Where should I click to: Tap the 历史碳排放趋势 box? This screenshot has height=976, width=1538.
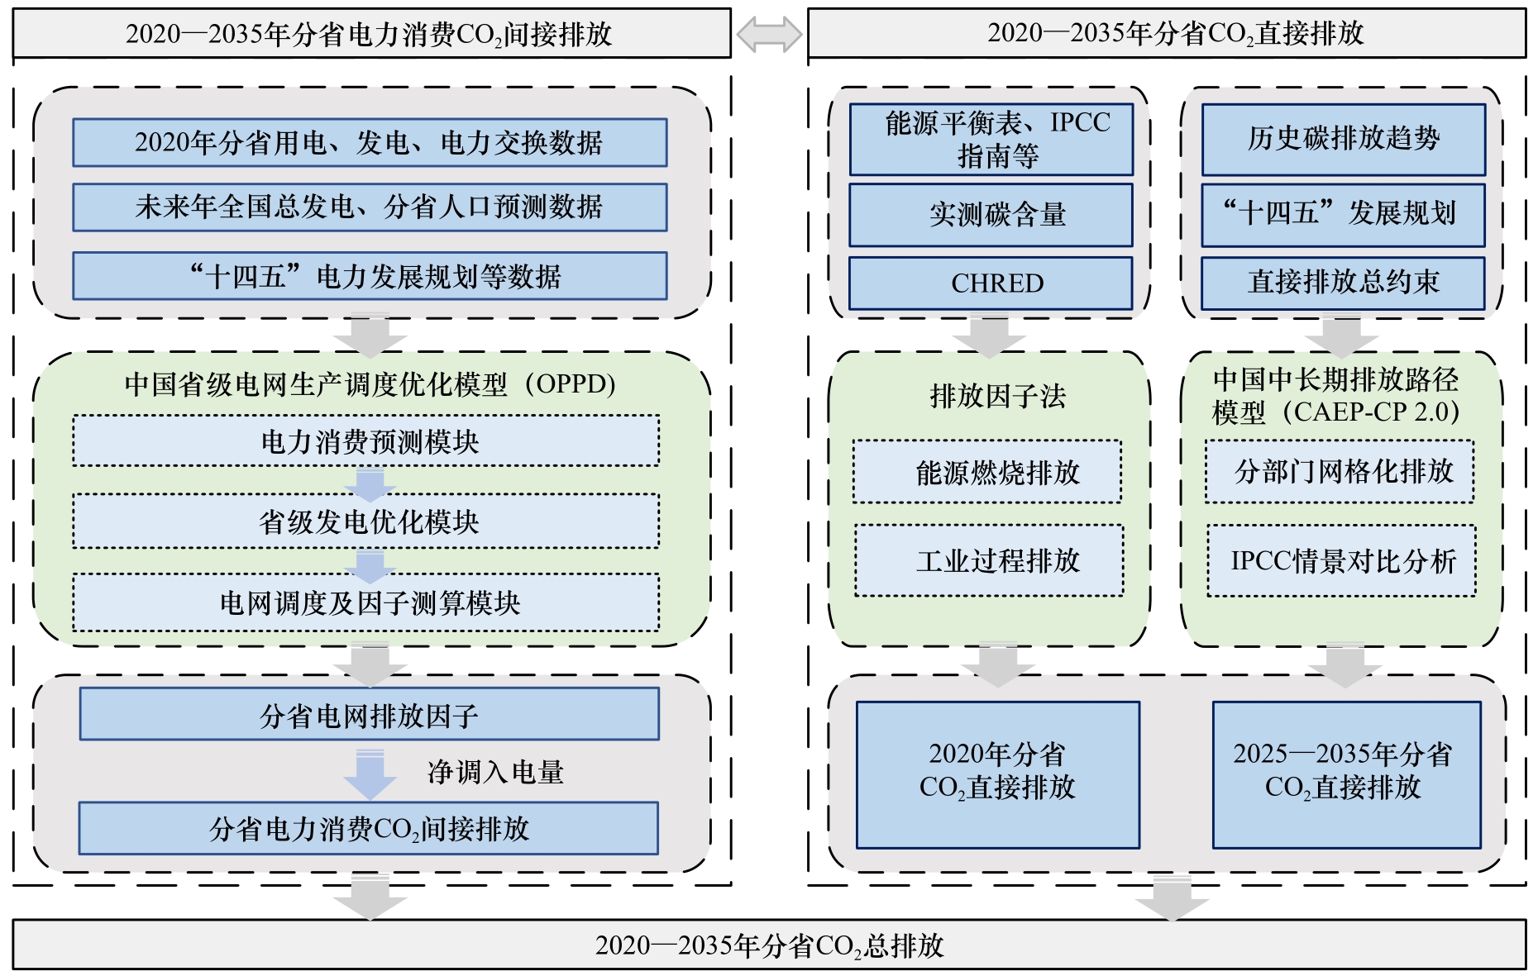(x=1343, y=139)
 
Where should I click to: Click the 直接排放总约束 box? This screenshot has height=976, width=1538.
(x=1343, y=283)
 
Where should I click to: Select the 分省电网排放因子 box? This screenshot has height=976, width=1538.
(x=369, y=714)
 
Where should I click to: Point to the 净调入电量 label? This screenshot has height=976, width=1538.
(x=495, y=773)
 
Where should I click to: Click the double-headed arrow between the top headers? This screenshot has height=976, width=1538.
(x=769, y=35)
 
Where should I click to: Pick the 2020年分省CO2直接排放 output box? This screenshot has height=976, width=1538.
(x=997, y=774)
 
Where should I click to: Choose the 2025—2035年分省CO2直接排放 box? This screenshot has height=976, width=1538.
(x=1346, y=774)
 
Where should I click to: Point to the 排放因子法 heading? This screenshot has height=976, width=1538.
(x=997, y=397)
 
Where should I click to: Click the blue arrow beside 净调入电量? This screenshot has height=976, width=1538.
(x=370, y=774)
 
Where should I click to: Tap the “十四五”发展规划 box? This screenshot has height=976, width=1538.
(x=1343, y=214)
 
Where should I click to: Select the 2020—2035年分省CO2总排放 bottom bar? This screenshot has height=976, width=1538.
(x=769, y=945)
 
